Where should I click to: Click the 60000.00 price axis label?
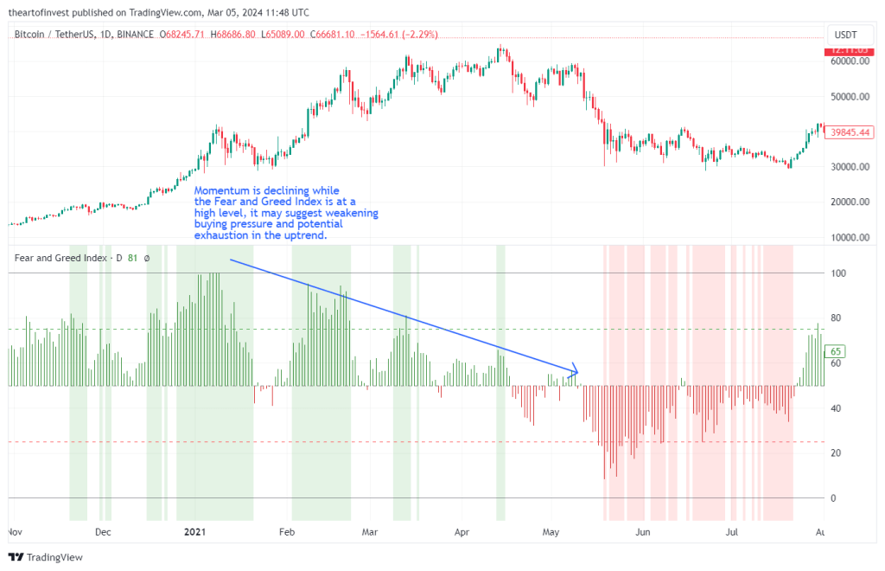(x=849, y=62)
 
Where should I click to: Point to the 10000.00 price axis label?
(x=849, y=237)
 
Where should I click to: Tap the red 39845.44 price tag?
(x=849, y=132)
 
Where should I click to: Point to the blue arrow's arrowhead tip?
(x=577, y=373)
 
